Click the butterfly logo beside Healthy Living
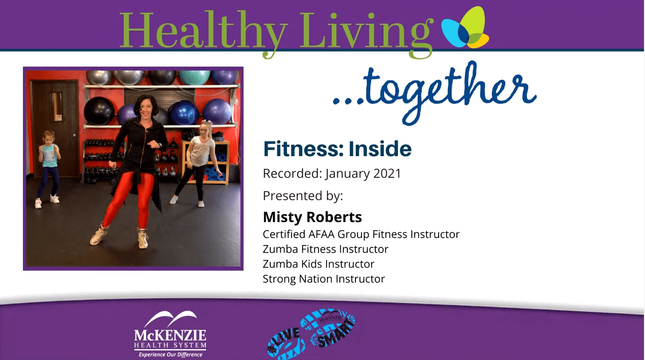pos(465,27)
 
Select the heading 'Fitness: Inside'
pos(337,149)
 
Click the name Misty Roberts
pos(312,217)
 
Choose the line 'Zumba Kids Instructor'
pos(318,264)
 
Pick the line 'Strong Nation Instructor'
pos(324,279)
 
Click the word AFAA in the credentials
pos(321,234)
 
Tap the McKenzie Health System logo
pos(170,334)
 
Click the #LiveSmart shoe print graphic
pos(311,334)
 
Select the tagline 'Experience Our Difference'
pos(170,354)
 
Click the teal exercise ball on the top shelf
pos(195,77)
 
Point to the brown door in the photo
pos(55,128)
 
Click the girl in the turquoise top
pos(48,168)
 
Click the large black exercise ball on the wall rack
pos(99,111)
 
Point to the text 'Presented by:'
pos(303,196)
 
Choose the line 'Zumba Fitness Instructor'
pos(326,249)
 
